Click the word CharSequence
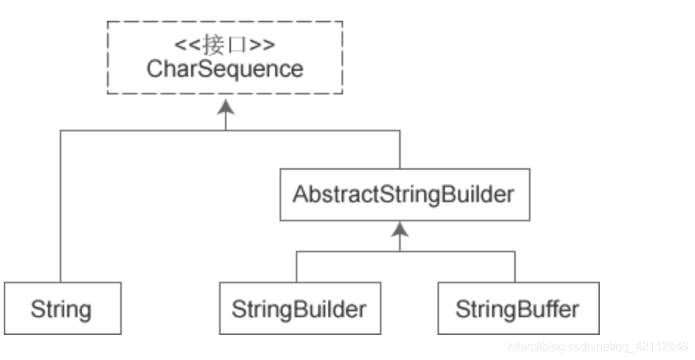click(x=225, y=69)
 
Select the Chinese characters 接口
click(x=225, y=45)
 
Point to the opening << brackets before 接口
click(x=186, y=45)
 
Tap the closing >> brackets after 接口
click(x=263, y=45)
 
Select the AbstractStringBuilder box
click(x=404, y=195)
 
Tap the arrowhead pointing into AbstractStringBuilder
click(x=400, y=230)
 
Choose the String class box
click(x=61, y=308)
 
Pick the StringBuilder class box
click(x=299, y=308)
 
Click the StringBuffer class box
click(x=517, y=308)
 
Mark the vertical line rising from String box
click(x=60, y=207)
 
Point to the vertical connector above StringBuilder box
click(x=297, y=266)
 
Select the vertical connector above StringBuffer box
click(x=515, y=266)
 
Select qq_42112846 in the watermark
click(x=654, y=346)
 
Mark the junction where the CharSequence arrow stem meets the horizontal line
click(x=226, y=131)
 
